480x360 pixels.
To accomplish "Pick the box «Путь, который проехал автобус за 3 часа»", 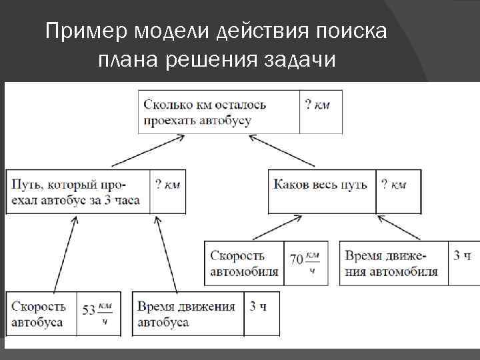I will coord(77,192).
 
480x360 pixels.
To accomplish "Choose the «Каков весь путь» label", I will coord(321,185).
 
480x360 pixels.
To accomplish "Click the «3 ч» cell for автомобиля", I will coord(462,255).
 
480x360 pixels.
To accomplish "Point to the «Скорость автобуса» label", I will coord(39,314).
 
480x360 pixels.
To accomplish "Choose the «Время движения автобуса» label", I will coord(187,314).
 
